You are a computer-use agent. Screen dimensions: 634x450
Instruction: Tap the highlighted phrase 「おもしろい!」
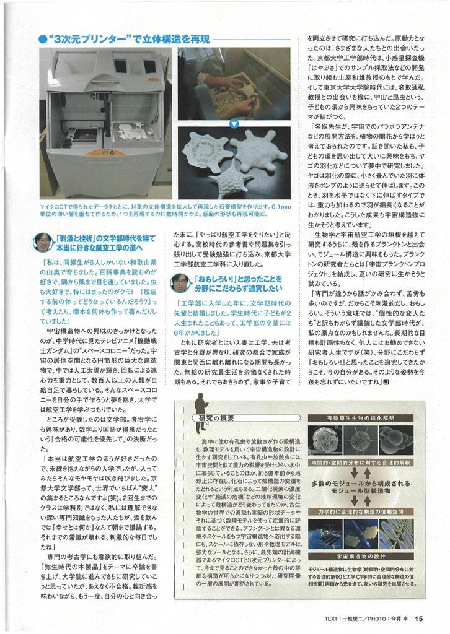[214, 278]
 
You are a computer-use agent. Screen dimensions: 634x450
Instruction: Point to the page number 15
[420, 617]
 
